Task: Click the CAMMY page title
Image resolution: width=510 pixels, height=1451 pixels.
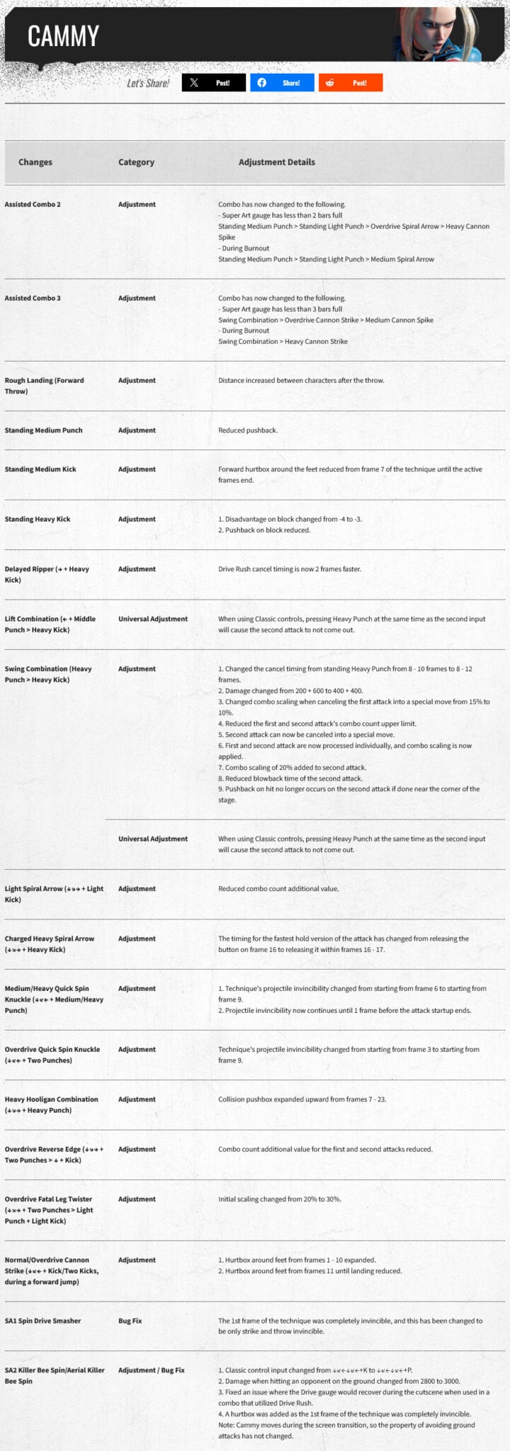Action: click(63, 35)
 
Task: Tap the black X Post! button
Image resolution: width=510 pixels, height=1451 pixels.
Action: click(214, 83)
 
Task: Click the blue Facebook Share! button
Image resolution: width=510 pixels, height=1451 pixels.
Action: click(282, 83)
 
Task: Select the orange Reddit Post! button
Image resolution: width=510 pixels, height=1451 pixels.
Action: click(350, 83)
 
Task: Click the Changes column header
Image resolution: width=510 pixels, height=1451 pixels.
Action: click(35, 162)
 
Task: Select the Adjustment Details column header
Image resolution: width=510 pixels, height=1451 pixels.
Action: click(277, 162)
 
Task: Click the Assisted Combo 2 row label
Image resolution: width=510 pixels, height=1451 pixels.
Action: click(33, 205)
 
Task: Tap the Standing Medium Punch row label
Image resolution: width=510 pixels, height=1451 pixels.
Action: click(43, 430)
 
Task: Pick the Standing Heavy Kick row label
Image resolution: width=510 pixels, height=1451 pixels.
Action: click(37, 520)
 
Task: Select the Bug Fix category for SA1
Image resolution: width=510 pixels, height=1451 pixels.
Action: click(130, 1321)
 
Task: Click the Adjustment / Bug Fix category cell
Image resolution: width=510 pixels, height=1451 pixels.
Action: click(151, 1370)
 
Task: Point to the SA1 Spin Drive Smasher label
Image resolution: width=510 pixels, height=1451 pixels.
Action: click(42, 1321)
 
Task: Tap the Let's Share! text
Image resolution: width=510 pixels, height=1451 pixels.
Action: click(148, 84)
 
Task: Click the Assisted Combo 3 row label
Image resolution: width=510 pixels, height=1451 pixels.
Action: click(33, 298)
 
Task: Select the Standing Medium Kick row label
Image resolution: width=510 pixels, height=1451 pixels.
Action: click(40, 469)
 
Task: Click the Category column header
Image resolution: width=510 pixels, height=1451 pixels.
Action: click(136, 162)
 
